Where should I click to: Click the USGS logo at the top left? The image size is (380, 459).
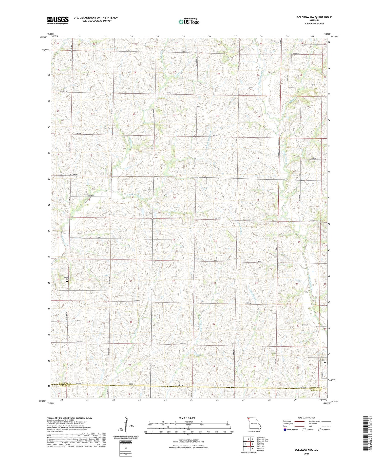pyautogui.click(x=58, y=20)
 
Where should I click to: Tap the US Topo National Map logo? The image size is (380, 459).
pyautogui.click(x=189, y=22)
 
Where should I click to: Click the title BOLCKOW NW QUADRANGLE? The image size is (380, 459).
pyautogui.click(x=314, y=17)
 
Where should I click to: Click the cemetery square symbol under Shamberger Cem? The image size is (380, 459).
pyautogui.click(x=67, y=281)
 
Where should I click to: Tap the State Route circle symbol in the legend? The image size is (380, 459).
pyautogui.click(x=320, y=429)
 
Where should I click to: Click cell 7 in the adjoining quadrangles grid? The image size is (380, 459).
pyautogui.click(x=249, y=449)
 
